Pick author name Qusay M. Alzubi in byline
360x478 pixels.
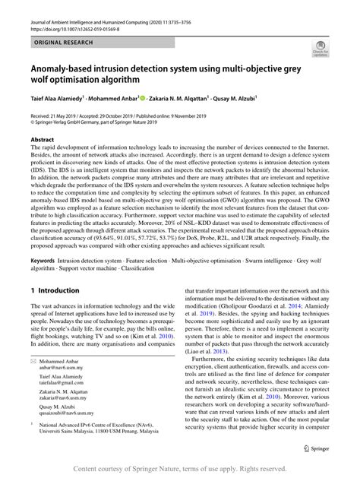pyautogui.click(x=226, y=99)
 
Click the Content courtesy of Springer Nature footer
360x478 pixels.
pyautogui.click(x=179, y=469)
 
